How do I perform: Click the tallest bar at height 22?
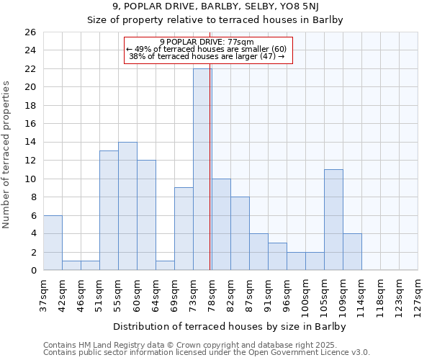(202, 169)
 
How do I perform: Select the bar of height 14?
(127, 206)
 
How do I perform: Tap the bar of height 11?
(333, 220)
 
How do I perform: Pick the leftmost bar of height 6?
(53, 243)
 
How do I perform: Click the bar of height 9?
(184, 229)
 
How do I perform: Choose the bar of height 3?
(277, 256)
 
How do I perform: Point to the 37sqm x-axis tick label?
(44, 292)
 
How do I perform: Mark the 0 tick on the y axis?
(32, 271)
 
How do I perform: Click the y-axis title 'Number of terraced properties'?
(8, 155)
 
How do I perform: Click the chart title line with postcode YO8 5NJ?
(215, 7)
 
